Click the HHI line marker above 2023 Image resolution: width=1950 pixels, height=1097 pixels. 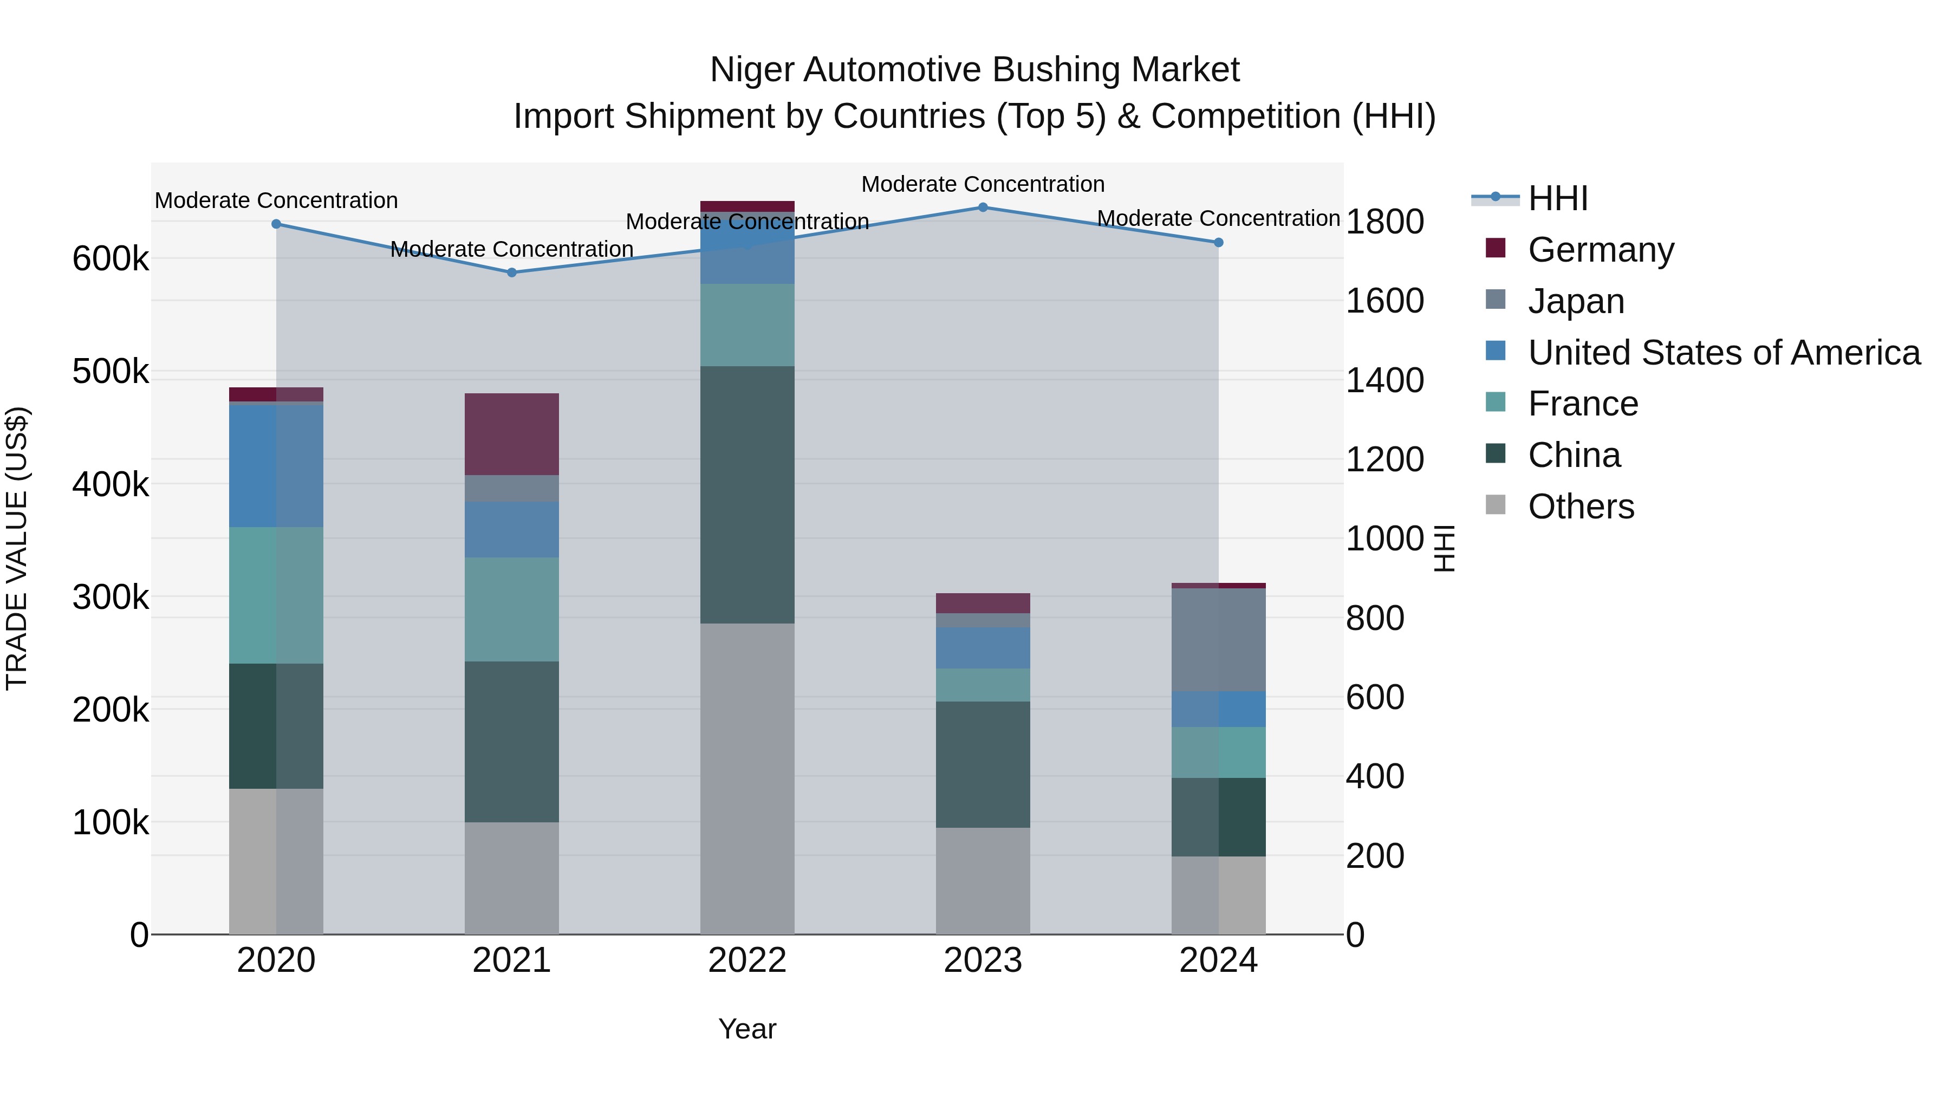(983, 207)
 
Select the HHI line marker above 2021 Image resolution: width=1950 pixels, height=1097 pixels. (512, 272)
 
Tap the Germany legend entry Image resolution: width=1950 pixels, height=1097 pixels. (1600, 250)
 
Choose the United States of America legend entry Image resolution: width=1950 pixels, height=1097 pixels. (1723, 353)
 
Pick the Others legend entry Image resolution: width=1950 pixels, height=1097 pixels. (1581, 507)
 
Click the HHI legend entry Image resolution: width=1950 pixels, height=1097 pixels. (1557, 198)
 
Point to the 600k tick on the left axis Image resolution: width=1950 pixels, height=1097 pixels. (110, 259)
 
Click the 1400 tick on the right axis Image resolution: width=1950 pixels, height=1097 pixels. (1384, 380)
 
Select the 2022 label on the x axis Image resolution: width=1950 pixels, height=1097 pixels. (747, 960)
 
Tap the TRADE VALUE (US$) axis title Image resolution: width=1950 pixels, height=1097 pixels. (17, 548)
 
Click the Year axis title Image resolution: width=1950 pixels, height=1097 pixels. (747, 1029)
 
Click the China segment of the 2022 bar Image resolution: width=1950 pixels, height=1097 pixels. (747, 495)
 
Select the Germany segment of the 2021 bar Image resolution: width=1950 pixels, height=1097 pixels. (512, 434)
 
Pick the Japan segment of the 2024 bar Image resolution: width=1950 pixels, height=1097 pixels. (1219, 640)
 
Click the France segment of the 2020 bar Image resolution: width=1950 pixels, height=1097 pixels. (276, 595)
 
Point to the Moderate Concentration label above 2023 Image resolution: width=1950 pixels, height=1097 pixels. (983, 184)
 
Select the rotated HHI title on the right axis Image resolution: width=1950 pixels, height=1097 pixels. (1444, 548)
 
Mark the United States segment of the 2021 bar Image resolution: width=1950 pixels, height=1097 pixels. (512, 529)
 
